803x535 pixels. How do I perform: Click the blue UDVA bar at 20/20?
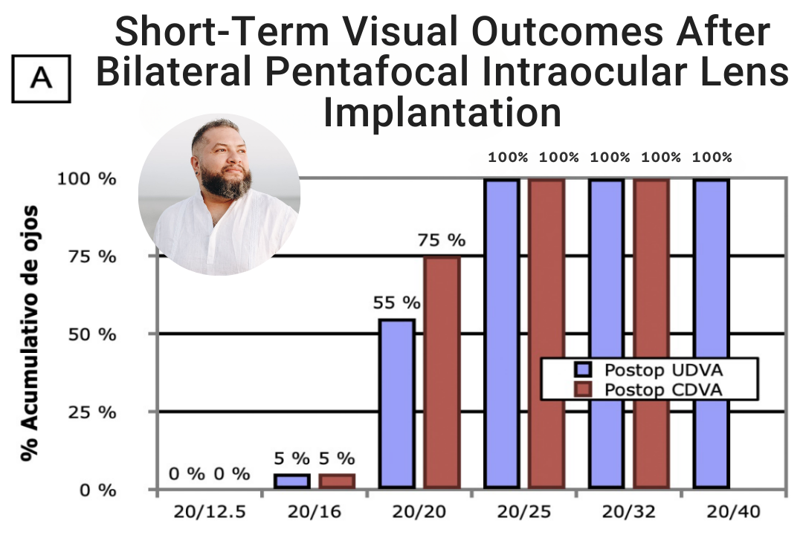coord(396,404)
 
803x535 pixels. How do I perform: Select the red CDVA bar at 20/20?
coord(442,372)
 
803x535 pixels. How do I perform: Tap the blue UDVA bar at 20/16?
coord(291,481)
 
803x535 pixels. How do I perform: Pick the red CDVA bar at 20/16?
coord(337,481)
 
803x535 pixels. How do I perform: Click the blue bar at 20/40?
coord(711,334)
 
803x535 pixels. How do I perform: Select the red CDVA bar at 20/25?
coord(546,334)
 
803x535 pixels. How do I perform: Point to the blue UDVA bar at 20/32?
coord(606,334)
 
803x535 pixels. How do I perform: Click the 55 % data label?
coord(395,303)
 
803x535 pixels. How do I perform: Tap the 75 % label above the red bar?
coord(441,240)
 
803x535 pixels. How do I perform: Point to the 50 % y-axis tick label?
coord(97,334)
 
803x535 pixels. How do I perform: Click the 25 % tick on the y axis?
coord(97,412)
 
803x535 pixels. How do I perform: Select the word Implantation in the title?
coord(442,112)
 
